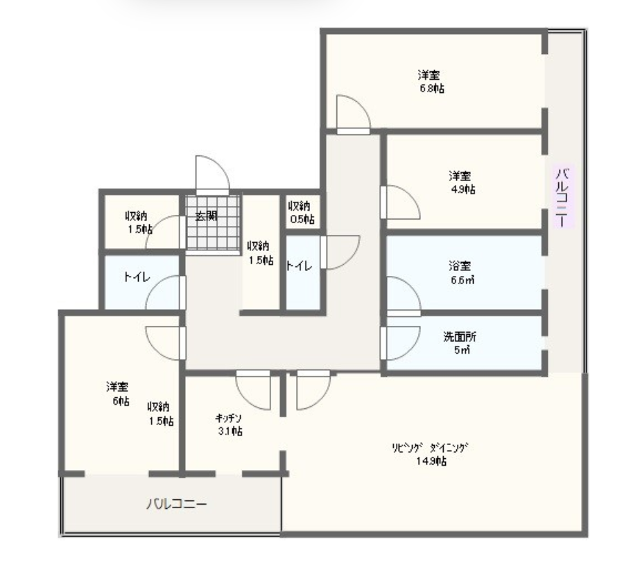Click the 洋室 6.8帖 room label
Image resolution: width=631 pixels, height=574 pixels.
432,82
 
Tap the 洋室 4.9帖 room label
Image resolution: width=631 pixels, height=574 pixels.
462,182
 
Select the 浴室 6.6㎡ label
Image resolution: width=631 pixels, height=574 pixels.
462,272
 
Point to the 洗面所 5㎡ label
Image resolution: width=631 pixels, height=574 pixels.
460,342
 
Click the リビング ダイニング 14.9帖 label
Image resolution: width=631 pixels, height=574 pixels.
431,454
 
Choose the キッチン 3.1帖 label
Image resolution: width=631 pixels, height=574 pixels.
229,424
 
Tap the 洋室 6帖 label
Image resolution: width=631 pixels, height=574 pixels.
118,394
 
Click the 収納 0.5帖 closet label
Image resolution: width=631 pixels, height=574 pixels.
301,213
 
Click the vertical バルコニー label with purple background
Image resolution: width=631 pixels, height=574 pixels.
563,196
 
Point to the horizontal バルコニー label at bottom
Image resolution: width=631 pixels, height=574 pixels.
177,503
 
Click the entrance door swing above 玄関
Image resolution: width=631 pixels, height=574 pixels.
212,174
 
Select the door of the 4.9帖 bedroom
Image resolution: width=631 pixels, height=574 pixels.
400,202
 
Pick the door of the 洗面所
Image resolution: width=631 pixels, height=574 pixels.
400,343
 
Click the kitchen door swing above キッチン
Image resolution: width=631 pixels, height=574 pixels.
252,390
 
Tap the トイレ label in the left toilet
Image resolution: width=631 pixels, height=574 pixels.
137,277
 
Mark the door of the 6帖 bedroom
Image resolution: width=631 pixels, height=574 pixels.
166,343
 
